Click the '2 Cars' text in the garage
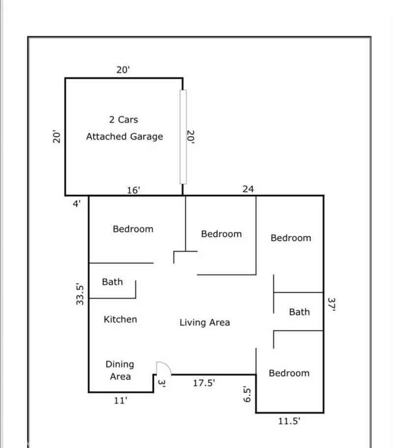123,119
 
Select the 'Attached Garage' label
125,137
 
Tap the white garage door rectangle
183,137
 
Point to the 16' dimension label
134,190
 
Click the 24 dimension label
248,189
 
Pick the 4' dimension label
77,204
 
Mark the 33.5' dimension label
80,294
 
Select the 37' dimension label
332,304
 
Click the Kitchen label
120,319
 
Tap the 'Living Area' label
205,322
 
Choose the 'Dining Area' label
120,370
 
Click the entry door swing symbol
164,368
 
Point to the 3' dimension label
162,383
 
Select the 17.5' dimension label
204,383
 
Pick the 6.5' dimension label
247,394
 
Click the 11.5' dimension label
289,421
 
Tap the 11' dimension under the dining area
120,400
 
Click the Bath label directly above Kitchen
112,281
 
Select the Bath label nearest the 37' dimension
300,312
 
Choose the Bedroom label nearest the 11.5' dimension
289,373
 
